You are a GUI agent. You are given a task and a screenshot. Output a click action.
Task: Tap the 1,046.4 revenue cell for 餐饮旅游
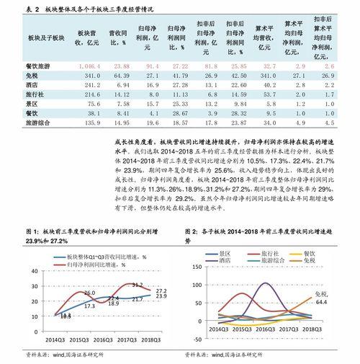pos(86,65)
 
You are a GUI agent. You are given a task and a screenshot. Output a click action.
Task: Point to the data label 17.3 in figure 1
pos(89,306)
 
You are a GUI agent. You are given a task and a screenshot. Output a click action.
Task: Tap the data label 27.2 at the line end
pos(162,290)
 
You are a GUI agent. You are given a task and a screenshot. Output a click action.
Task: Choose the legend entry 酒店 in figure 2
pos(214,263)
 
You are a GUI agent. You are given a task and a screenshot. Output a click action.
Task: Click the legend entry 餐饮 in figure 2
pos(309,254)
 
